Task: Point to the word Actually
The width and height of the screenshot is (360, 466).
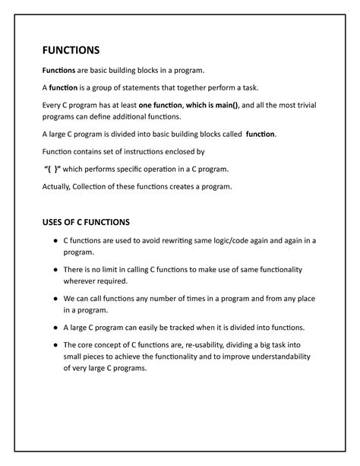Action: (58, 186)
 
